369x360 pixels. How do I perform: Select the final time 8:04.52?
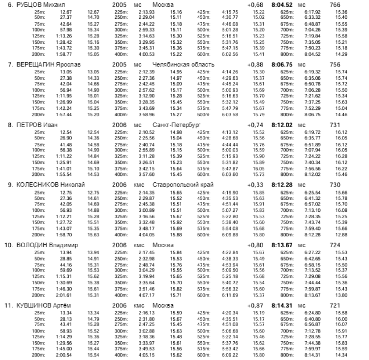point(282,5)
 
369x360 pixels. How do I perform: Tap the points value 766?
point(334,5)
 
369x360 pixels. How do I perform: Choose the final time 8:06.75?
point(282,65)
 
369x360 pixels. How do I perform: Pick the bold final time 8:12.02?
point(282,125)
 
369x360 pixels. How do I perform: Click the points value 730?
point(334,184)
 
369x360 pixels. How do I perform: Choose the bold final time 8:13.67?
point(282,244)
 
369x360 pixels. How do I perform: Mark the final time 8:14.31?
point(282,304)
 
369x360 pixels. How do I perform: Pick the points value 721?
point(334,304)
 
